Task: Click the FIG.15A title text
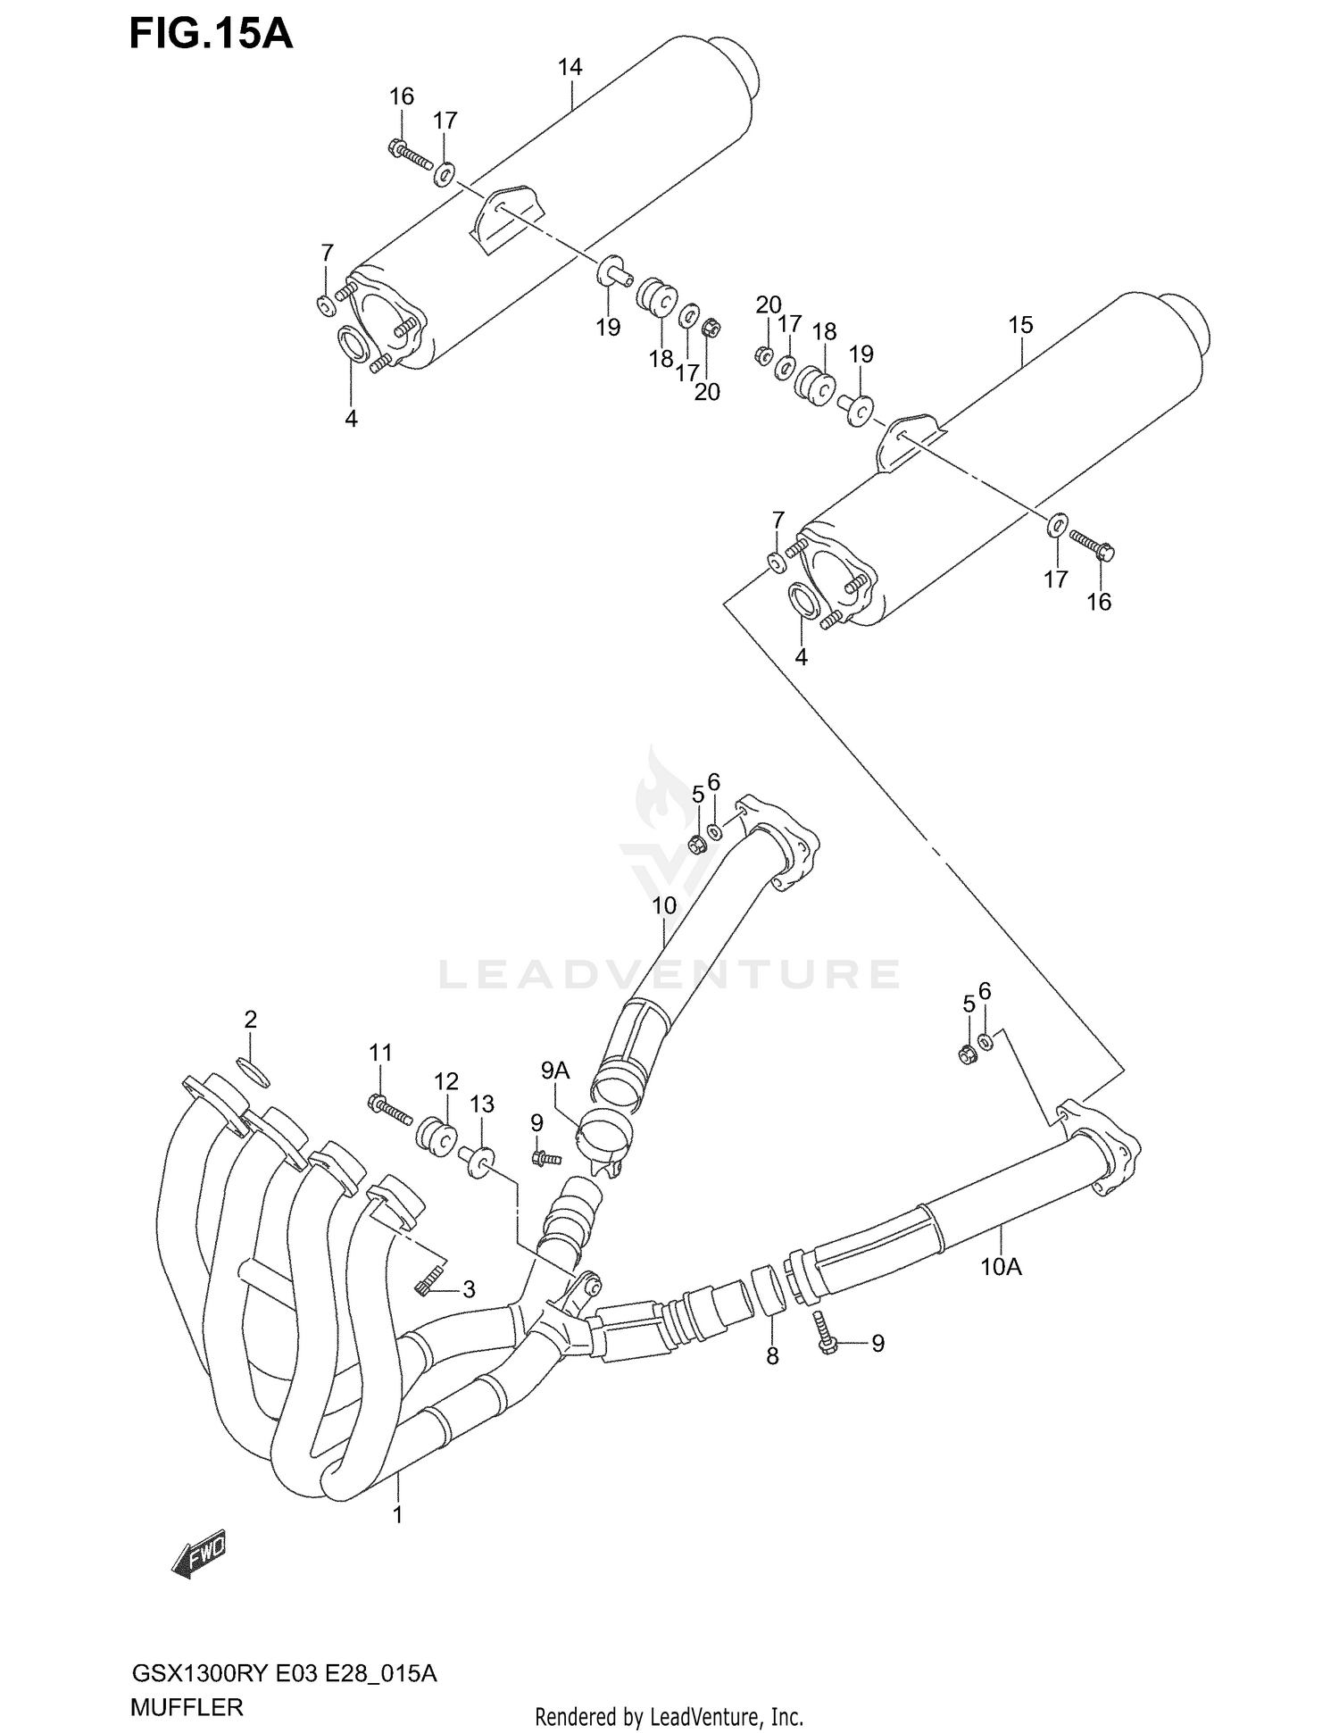pyautogui.click(x=211, y=33)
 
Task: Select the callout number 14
pyautogui.click(x=570, y=67)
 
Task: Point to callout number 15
pyautogui.click(x=1020, y=325)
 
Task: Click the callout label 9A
pyautogui.click(x=555, y=1070)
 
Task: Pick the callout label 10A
pyautogui.click(x=1001, y=1265)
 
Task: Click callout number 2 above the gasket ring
pyautogui.click(x=251, y=1019)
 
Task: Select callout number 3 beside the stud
pyautogui.click(x=468, y=1288)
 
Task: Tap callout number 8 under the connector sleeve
pyautogui.click(x=772, y=1356)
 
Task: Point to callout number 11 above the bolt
pyautogui.click(x=381, y=1053)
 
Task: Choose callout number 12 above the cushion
pyautogui.click(x=446, y=1081)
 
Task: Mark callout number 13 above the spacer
pyautogui.click(x=482, y=1104)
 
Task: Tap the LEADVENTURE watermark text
pyautogui.click(x=669, y=974)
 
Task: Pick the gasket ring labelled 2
pyautogui.click(x=254, y=1071)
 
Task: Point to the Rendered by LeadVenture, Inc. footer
pyautogui.click(x=669, y=1716)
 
